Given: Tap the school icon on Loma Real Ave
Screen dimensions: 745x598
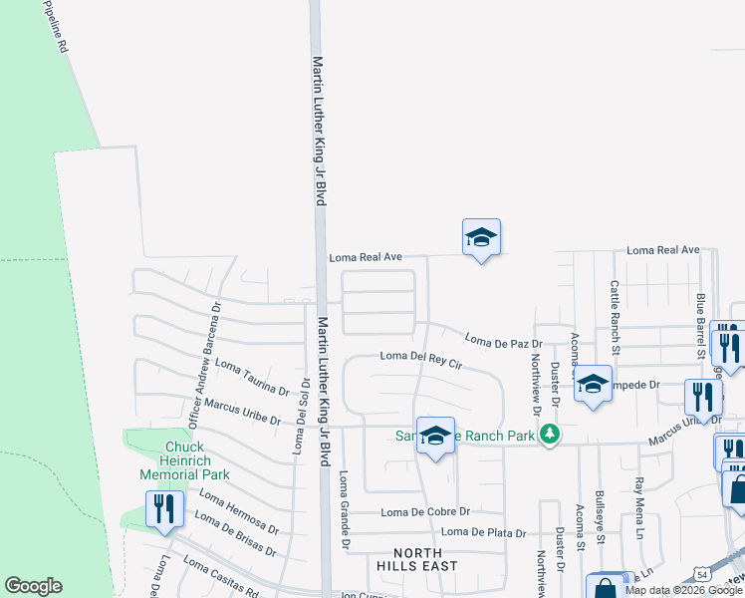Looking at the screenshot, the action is coord(481,238).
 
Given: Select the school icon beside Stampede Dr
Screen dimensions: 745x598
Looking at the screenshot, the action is coord(593,385).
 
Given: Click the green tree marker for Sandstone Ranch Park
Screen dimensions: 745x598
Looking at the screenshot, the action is coord(548,434).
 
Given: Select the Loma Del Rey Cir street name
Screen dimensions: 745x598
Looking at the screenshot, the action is coord(421,358).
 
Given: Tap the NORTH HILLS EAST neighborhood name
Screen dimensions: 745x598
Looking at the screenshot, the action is coord(425,559).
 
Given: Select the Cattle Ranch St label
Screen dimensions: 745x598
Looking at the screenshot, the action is coord(615,317).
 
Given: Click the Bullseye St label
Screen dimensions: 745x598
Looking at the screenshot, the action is coord(600,519).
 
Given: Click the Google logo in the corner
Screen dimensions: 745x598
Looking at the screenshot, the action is coord(33,586).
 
